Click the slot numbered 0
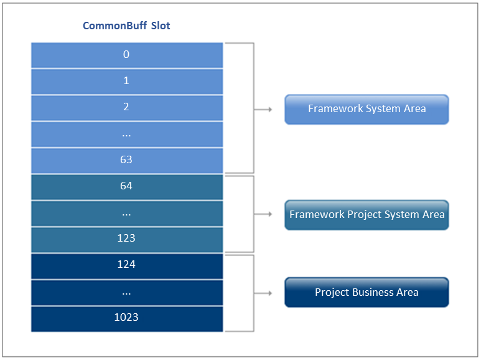click(x=127, y=55)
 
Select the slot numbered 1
click(x=127, y=82)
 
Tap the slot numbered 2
click(x=127, y=108)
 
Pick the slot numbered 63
click(x=127, y=161)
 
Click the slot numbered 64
click(x=127, y=187)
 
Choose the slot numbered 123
click(x=127, y=240)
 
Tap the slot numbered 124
click(x=127, y=266)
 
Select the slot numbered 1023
click(x=127, y=319)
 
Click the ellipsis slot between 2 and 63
click(x=127, y=135)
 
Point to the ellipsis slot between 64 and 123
click(x=127, y=214)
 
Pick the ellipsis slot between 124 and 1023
click(x=127, y=293)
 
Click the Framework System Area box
click(x=367, y=110)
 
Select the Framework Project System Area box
click(x=367, y=215)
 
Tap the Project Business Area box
click(x=367, y=292)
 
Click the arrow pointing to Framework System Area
click(x=263, y=110)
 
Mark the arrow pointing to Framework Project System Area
click(x=263, y=214)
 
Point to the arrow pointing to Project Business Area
click(x=263, y=293)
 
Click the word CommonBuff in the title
click(x=114, y=26)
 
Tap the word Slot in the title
click(x=161, y=26)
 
